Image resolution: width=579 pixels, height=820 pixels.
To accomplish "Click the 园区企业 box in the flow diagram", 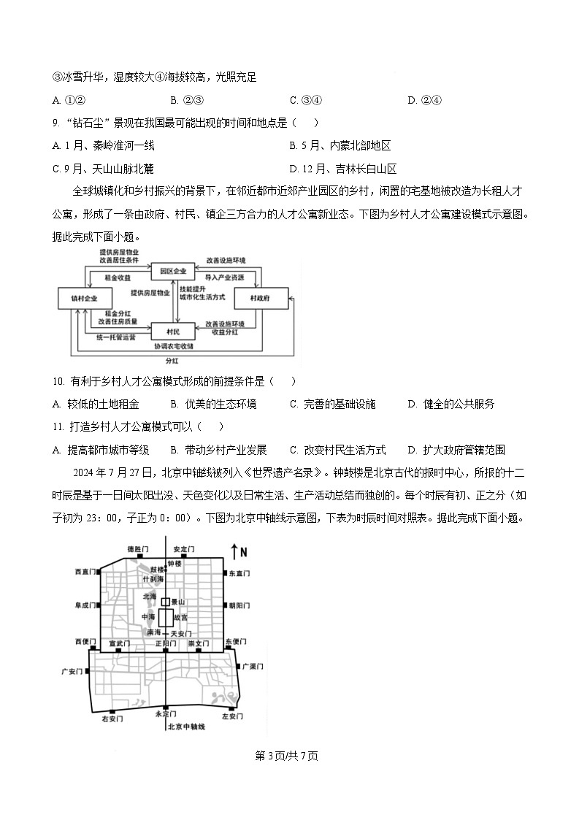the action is (x=173, y=272).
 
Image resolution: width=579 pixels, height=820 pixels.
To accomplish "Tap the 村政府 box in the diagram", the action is (x=260, y=298).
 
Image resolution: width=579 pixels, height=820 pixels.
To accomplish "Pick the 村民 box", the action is (x=173, y=332).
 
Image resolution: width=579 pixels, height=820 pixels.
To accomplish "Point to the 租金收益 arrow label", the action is (x=118, y=278).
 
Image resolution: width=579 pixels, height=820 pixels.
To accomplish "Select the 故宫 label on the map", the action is (x=191, y=617).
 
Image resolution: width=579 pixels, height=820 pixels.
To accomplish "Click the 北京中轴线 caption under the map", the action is (x=186, y=727).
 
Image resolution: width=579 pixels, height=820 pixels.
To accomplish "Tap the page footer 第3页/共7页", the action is (x=287, y=756).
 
